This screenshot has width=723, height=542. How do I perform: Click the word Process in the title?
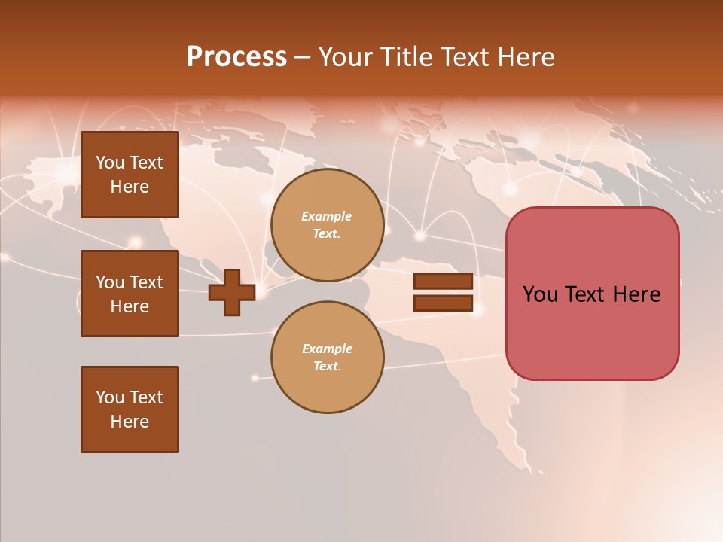click(236, 57)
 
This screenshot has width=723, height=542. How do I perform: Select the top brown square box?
click(130, 175)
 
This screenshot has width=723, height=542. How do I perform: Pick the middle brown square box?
click(130, 294)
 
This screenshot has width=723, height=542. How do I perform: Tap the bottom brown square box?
click(130, 410)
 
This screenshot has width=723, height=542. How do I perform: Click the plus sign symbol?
click(232, 292)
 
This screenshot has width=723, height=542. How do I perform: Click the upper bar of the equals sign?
click(443, 281)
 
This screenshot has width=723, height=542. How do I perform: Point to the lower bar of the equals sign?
click(443, 303)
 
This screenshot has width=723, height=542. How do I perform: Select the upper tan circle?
click(328, 225)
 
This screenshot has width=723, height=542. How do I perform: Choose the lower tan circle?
click(328, 358)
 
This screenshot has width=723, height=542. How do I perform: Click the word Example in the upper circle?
click(327, 216)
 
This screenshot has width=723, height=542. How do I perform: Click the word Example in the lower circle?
click(327, 349)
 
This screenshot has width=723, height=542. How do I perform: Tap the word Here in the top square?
click(130, 187)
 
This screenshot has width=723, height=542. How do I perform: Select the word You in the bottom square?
click(110, 397)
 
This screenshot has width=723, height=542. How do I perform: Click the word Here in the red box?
click(637, 294)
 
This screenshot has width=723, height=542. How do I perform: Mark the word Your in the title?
click(344, 57)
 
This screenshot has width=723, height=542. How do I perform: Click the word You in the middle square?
click(110, 282)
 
